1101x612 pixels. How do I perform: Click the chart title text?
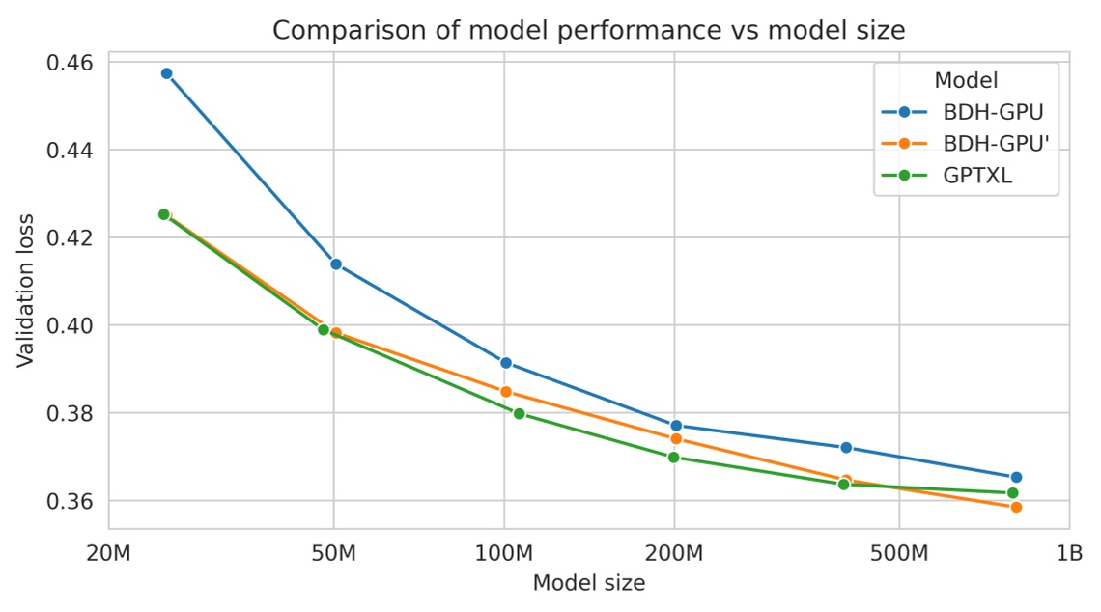[588, 30]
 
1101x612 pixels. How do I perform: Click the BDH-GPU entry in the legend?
[993, 111]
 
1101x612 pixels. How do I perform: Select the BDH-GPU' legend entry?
[996, 144]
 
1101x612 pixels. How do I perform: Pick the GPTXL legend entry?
[977, 176]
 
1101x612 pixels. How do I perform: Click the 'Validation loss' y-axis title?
[26, 289]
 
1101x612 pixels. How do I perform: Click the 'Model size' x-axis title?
[588, 583]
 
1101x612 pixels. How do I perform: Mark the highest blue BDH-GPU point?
[166, 73]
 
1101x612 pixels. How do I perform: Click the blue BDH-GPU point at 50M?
[336, 264]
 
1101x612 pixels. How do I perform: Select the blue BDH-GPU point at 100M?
[505, 363]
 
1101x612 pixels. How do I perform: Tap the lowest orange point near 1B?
[1016, 507]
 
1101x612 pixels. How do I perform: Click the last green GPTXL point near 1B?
[1012, 493]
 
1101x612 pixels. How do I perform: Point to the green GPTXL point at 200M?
[673, 457]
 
